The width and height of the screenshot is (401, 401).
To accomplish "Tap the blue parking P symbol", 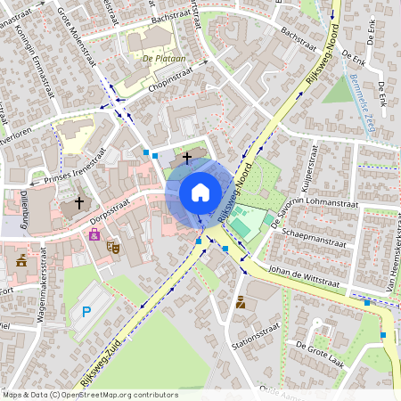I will click(86, 311).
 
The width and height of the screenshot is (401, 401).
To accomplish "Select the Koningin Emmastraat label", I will click(39, 58).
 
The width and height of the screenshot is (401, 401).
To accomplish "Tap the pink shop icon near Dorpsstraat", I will click(94, 233).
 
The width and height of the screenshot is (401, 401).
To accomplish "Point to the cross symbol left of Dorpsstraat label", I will click(78, 202).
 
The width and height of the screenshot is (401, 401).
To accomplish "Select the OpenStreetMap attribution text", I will click(89, 394).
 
